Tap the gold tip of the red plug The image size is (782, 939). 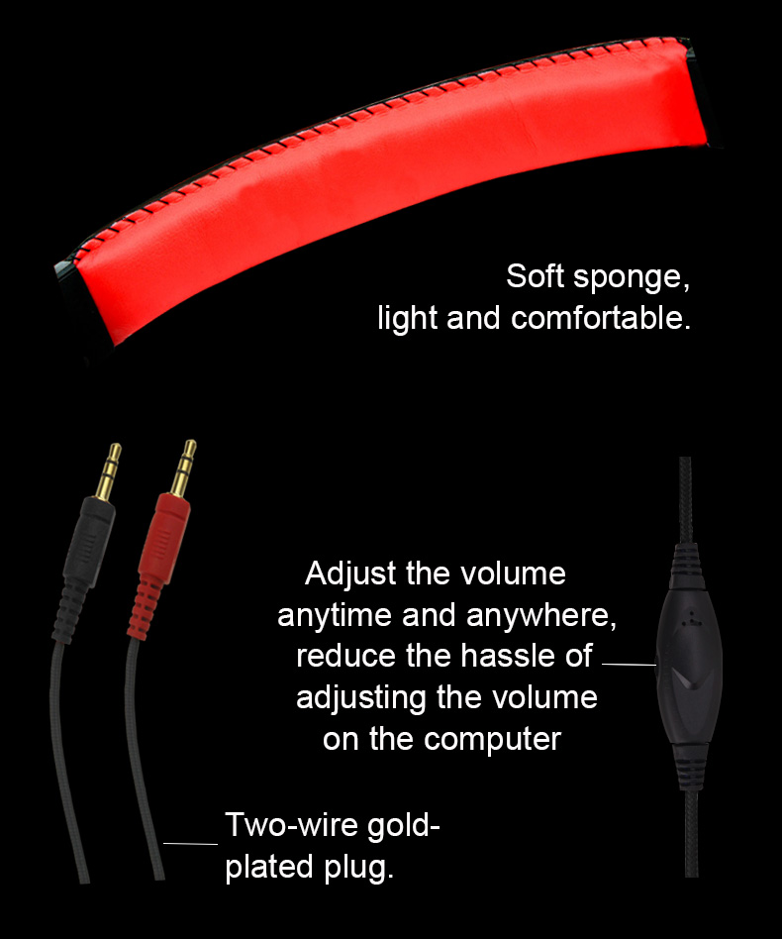click(183, 468)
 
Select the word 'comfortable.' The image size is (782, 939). click(601, 317)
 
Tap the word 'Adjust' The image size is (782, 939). click(350, 574)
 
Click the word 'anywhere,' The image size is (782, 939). click(540, 616)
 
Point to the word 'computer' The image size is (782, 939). click(492, 740)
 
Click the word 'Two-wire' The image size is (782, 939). click(291, 825)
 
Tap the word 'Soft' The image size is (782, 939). click(535, 276)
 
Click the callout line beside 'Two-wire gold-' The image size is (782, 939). click(190, 843)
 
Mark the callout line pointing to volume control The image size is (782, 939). click(629, 664)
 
